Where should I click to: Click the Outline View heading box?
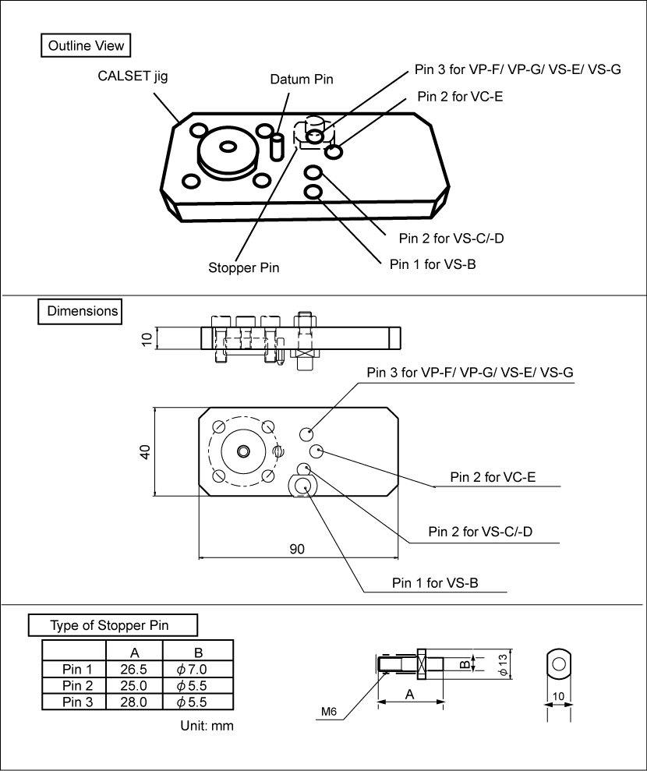86,46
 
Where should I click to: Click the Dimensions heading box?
81,311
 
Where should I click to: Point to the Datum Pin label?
301,80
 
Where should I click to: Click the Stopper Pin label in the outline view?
244,267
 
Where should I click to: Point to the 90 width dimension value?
297,549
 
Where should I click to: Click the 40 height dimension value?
145,451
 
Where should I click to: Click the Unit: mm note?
207,726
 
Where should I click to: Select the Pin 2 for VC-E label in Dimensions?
493,477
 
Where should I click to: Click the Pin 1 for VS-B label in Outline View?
433,263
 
